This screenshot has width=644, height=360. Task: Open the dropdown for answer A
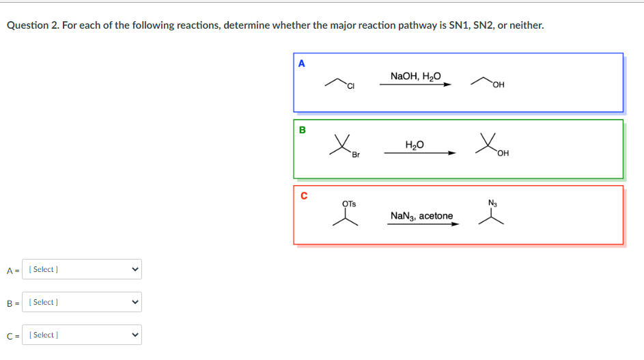pyautogui.click(x=82, y=269)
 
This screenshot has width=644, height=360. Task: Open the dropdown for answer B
pyautogui.click(x=82, y=302)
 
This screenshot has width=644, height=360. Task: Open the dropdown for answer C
pyautogui.click(x=82, y=335)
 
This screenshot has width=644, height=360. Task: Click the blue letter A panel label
pyautogui.click(x=302, y=64)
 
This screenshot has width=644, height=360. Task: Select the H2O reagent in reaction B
pyautogui.click(x=415, y=144)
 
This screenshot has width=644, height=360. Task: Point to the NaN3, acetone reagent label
pyautogui.click(x=421, y=216)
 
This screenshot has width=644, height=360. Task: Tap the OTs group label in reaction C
pyautogui.click(x=348, y=203)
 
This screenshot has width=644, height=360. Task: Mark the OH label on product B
pyautogui.click(x=503, y=153)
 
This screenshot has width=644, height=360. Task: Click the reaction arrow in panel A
pyautogui.click(x=416, y=85)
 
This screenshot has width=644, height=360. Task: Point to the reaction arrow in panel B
pyautogui.click(x=419, y=153)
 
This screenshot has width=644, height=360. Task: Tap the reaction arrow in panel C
pyautogui.click(x=423, y=224)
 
